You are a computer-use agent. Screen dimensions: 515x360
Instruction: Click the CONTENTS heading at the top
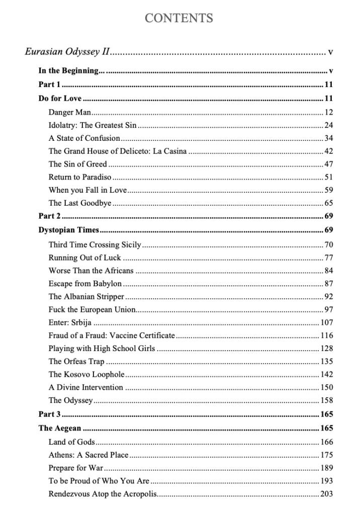pos(179,19)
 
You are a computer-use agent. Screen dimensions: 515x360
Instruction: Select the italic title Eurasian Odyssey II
pos(67,52)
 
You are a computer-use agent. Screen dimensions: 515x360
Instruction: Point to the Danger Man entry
pos(69,112)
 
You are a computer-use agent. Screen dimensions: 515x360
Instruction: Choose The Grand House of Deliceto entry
pos(118,151)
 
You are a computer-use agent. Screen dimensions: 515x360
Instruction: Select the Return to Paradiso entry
pos(79,177)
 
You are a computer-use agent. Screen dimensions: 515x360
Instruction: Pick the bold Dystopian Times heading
pos(68,231)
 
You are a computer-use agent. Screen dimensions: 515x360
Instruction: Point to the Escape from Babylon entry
pos(85,284)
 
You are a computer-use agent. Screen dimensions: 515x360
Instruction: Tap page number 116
pos(327,335)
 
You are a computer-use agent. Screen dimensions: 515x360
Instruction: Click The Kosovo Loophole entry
pos(86,375)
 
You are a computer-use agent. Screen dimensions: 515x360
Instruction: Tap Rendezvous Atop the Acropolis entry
pos(103,494)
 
